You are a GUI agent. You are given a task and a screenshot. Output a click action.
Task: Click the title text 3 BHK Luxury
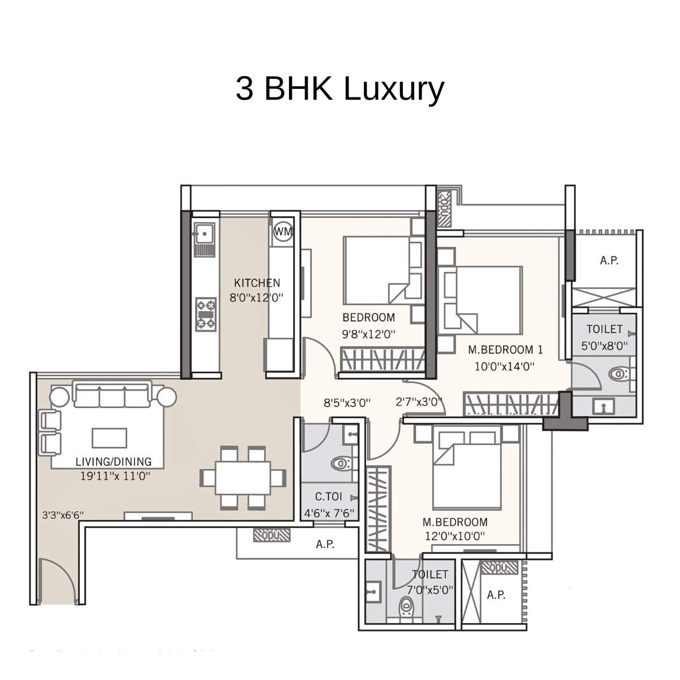point(339,89)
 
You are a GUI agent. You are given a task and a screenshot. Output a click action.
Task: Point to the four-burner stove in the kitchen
point(206,314)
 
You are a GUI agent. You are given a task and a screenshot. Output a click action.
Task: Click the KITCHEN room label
point(257,283)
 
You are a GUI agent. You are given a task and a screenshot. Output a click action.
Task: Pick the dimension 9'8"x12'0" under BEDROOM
point(368,334)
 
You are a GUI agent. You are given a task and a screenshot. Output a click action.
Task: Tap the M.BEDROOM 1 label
point(505,350)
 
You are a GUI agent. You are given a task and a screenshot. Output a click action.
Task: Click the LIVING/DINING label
point(113,462)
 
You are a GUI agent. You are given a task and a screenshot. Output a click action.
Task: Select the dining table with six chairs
point(243,477)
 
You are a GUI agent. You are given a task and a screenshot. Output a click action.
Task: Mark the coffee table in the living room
point(109,437)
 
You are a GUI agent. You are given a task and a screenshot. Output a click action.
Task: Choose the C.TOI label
point(329,497)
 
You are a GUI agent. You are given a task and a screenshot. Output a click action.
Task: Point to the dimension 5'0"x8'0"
point(604,346)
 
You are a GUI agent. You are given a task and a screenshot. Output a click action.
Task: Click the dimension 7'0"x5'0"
point(430,589)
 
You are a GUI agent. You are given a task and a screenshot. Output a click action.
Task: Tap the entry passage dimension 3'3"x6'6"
point(63,515)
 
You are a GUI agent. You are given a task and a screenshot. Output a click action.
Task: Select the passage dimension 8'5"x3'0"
point(347,403)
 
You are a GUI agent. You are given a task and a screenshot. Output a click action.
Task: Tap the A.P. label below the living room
point(325,545)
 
